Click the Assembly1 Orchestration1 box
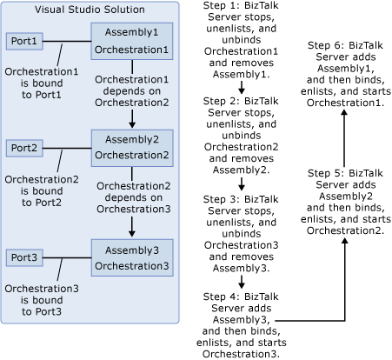click(131, 42)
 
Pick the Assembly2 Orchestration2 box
click(131, 148)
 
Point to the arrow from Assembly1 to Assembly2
click(131, 115)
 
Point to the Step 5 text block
click(345, 203)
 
